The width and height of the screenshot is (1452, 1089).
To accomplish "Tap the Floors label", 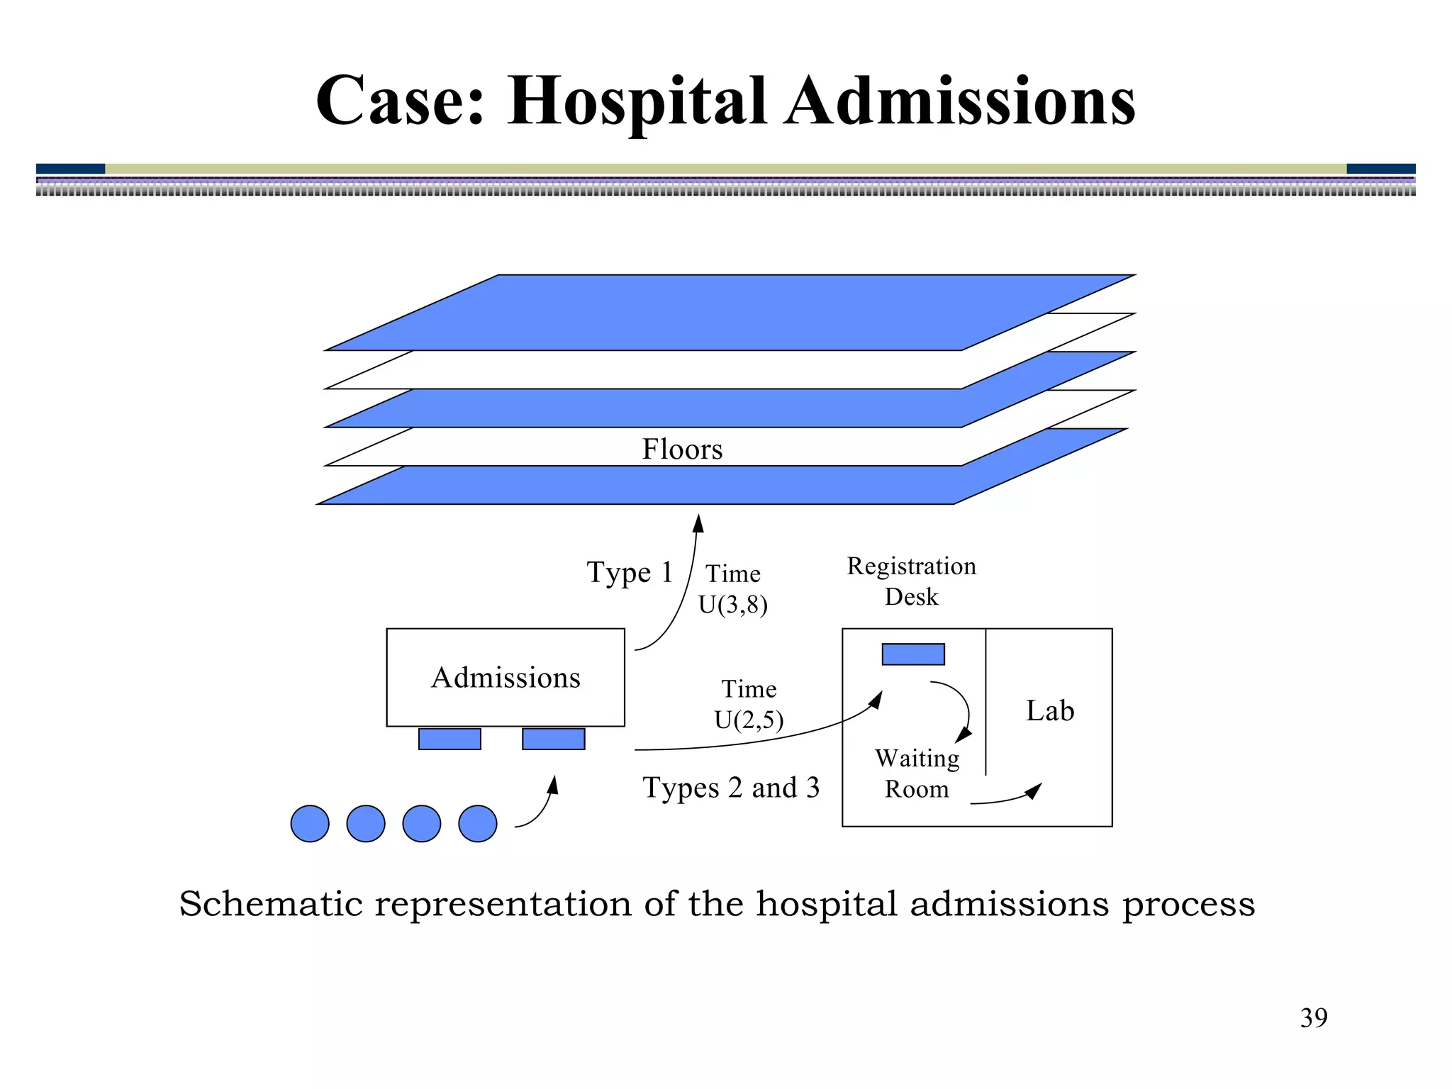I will (x=682, y=449).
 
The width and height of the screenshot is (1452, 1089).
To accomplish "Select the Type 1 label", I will (x=629, y=573).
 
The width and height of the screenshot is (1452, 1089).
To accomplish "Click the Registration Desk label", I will (x=911, y=581).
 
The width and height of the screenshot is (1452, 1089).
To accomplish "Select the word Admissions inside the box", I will (x=506, y=678).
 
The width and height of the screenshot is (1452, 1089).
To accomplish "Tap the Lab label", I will (x=1049, y=711).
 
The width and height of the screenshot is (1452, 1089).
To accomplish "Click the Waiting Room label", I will (x=917, y=774).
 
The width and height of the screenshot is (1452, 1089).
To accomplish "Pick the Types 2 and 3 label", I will (x=731, y=788).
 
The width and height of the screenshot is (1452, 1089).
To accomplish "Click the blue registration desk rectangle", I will (x=912, y=654).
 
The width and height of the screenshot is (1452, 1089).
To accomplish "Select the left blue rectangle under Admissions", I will (x=449, y=739).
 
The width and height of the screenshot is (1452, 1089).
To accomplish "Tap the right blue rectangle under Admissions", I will (x=553, y=739).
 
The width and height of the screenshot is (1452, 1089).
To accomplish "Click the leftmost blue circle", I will (x=310, y=824).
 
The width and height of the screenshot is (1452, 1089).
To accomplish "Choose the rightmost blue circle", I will (x=478, y=824).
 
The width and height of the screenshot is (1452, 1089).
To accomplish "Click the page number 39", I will (x=1313, y=1018).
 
